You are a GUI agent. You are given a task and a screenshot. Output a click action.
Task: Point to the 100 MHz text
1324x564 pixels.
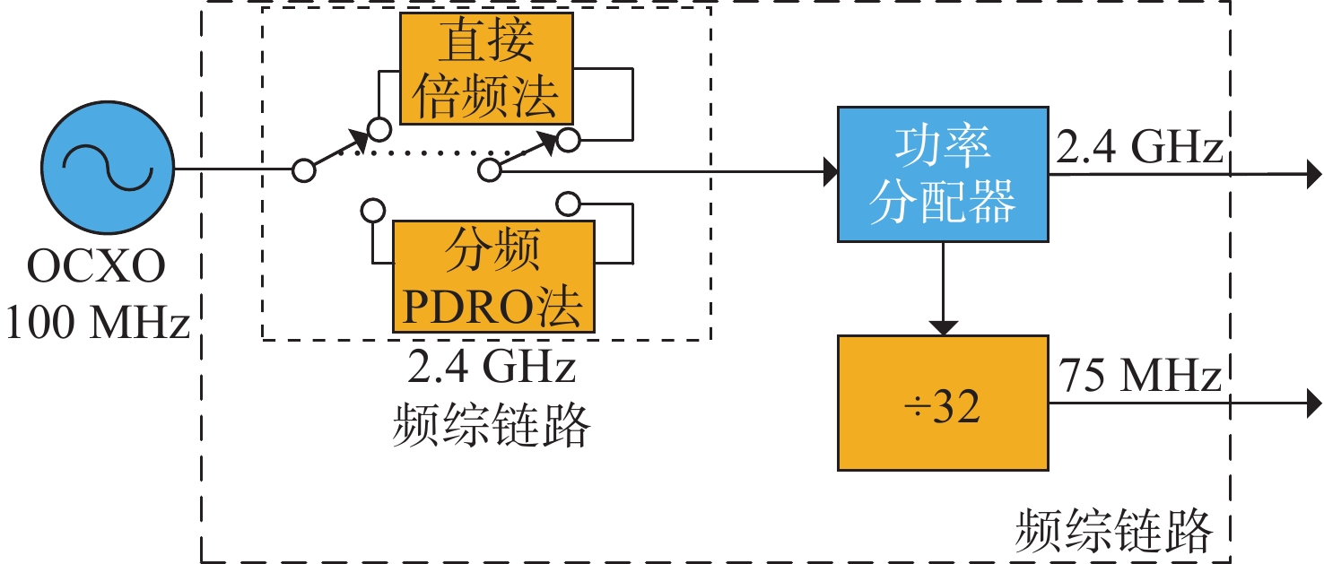coord(97,323)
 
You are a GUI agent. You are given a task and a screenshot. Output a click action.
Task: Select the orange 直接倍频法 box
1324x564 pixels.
coord(485,69)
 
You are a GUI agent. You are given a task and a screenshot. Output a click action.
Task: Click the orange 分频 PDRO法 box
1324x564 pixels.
coord(492,276)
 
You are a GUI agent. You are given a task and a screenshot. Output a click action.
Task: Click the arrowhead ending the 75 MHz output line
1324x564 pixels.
coord(1314,401)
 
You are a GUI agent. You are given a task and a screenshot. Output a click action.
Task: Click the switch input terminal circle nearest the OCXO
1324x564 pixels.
coord(305,169)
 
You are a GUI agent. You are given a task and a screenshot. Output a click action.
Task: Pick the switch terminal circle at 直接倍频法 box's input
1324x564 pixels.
coord(379,130)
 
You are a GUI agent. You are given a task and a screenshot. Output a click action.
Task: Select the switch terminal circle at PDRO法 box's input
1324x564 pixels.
coord(370,211)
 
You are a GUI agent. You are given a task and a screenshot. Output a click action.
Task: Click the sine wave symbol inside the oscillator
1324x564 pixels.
coord(107,168)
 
